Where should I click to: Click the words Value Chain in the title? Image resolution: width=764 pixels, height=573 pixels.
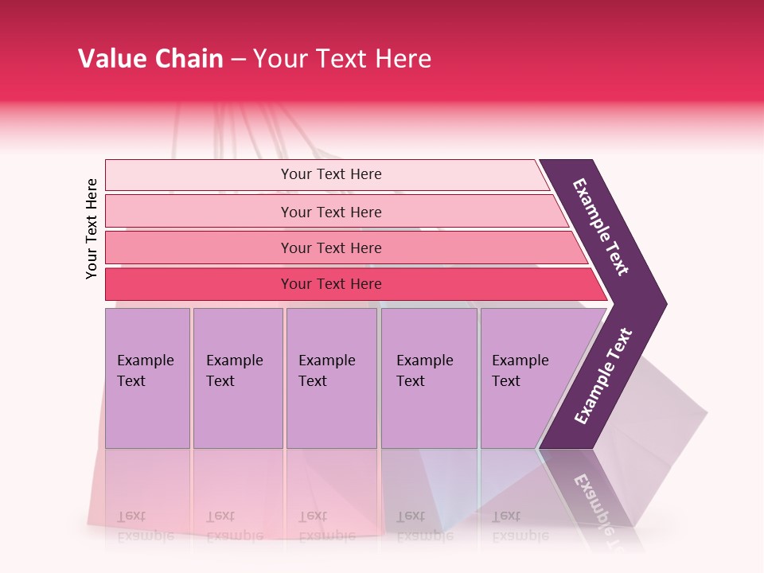pyautogui.click(x=150, y=59)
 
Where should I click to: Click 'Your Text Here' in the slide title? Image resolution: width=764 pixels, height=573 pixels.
pyautogui.click(x=342, y=59)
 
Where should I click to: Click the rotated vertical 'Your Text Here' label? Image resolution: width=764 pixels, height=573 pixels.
pyautogui.click(x=92, y=228)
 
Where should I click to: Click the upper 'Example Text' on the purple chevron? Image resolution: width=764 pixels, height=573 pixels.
pyautogui.click(x=601, y=227)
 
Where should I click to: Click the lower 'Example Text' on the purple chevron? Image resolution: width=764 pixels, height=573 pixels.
pyautogui.click(x=603, y=376)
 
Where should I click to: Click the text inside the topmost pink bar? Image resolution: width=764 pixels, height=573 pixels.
pyautogui.click(x=331, y=174)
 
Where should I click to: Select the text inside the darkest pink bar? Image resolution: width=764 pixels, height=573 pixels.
pyautogui.click(x=331, y=284)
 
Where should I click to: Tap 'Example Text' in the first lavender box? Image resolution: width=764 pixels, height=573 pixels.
pyautogui.click(x=145, y=370)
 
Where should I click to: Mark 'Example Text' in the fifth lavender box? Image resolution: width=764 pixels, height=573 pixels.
pyautogui.click(x=520, y=370)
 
